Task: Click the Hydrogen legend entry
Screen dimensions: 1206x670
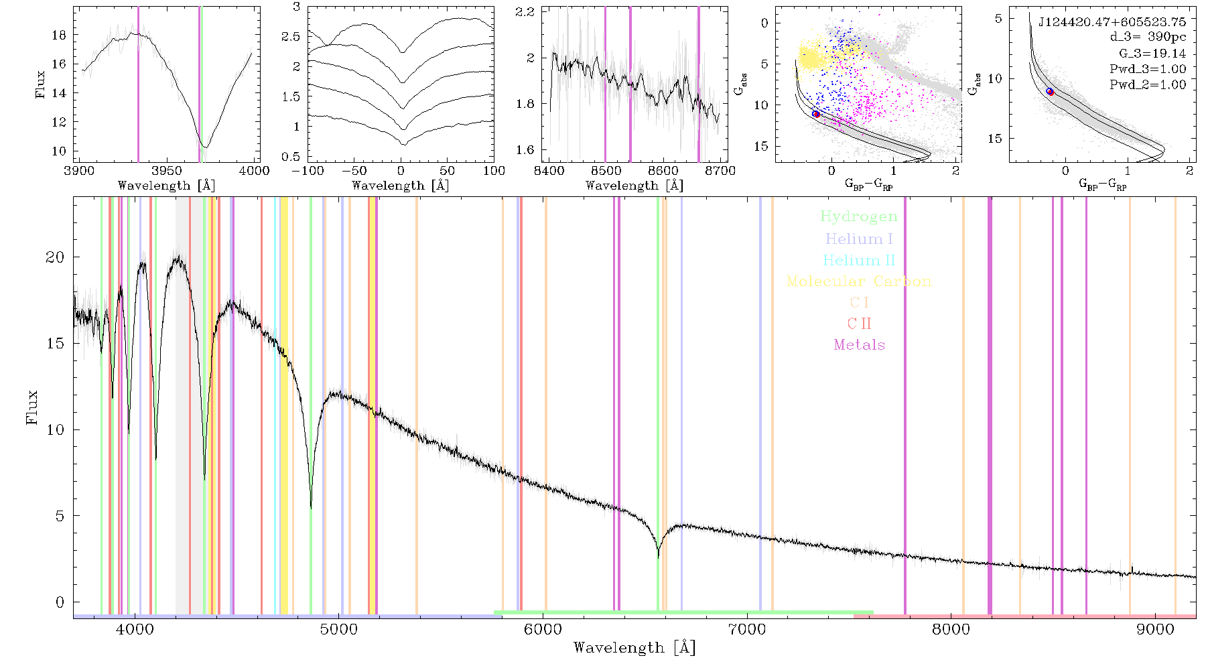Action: click(858, 216)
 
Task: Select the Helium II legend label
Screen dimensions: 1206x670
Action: click(858, 260)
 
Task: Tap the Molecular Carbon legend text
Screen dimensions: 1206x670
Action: click(858, 281)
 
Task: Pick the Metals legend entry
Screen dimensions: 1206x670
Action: click(859, 345)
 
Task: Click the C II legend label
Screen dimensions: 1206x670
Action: click(859, 324)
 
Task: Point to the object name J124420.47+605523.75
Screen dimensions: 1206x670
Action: click(1112, 22)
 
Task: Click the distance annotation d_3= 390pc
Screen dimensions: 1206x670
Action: click(1148, 38)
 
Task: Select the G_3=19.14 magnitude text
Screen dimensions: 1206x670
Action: click(1152, 54)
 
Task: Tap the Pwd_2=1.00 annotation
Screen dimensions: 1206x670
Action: click(1148, 85)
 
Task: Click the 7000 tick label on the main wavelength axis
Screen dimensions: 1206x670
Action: click(747, 630)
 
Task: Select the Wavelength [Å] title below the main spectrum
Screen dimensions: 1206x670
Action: click(634, 648)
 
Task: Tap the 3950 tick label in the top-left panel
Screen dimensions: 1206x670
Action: click(166, 171)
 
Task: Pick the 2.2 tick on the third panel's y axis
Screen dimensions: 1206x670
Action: click(525, 12)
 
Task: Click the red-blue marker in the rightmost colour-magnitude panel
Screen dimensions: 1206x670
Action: click(1050, 92)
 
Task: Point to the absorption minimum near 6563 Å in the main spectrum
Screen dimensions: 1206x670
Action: click(658, 556)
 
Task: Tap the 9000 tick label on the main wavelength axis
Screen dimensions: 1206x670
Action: click(1155, 630)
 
